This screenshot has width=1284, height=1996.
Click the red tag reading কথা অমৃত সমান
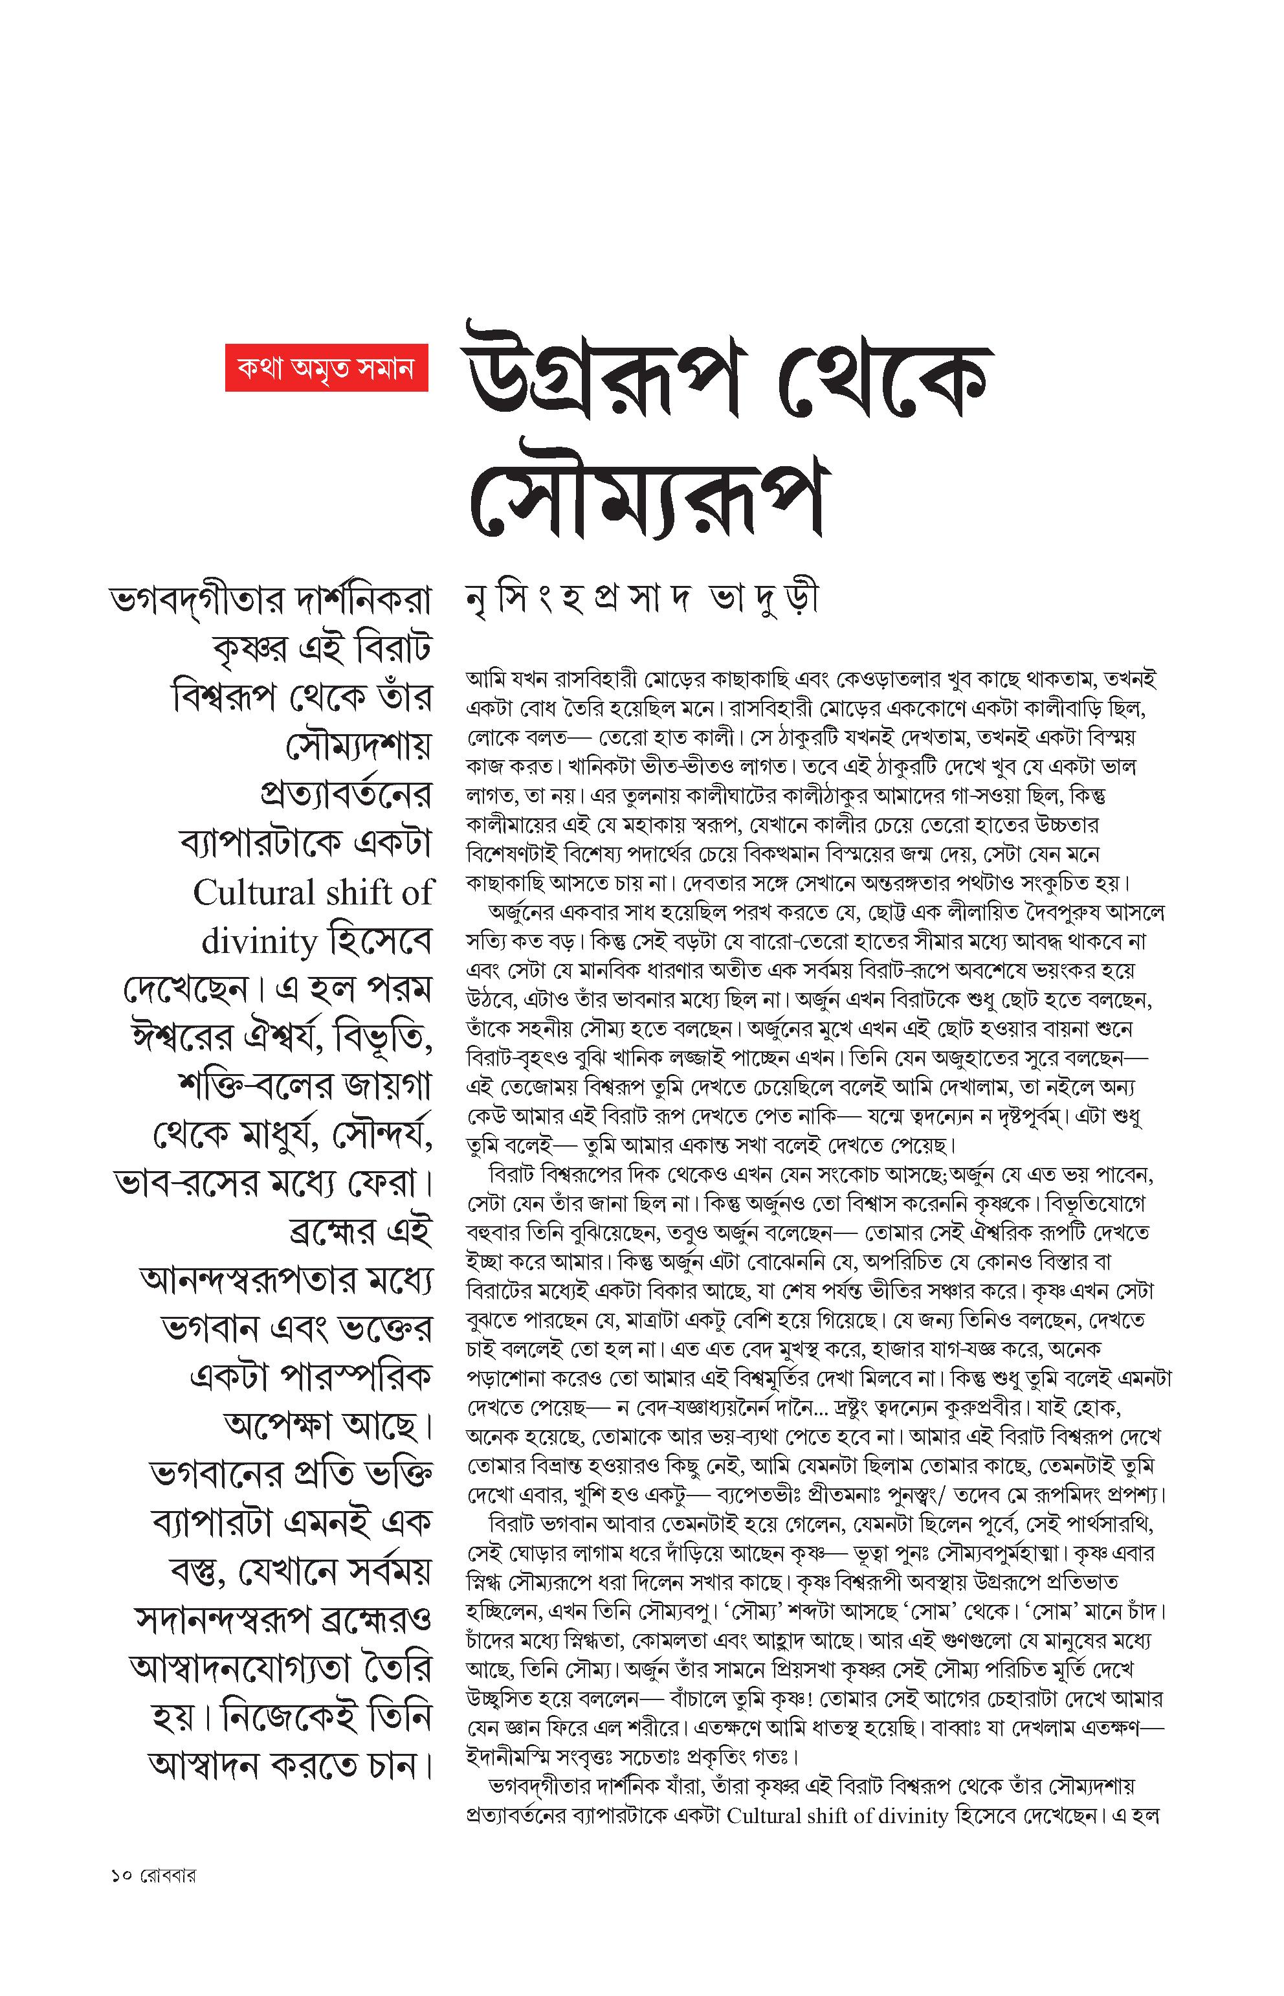click(326, 367)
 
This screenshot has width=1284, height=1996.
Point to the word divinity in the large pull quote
click(258, 942)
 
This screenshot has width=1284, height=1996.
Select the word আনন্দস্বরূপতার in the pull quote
click(247, 1282)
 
